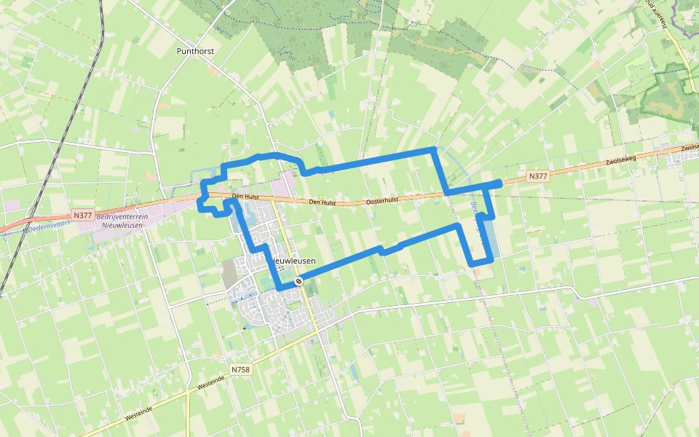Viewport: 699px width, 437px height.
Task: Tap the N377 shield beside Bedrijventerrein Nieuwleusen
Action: point(83,215)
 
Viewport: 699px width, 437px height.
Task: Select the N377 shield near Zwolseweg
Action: point(537,176)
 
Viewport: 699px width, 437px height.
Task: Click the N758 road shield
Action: point(240,370)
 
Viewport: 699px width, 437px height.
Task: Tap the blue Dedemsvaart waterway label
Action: point(50,227)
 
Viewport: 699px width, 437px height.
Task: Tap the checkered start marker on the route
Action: point(299,281)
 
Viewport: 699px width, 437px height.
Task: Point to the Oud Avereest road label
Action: point(656,14)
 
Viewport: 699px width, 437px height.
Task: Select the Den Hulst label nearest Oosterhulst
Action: point(322,202)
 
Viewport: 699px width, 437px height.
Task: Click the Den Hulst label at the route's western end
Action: point(245,197)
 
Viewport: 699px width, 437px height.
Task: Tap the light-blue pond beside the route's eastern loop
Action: point(489,237)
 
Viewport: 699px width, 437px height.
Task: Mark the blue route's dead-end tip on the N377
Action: point(499,182)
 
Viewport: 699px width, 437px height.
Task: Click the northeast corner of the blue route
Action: point(435,149)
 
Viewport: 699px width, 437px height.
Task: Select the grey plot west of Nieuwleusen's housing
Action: point(229,273)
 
